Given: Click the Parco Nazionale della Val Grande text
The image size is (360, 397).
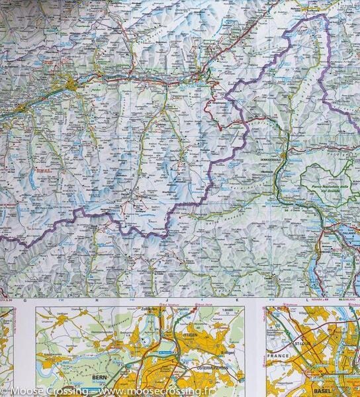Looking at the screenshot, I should [325, 192].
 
